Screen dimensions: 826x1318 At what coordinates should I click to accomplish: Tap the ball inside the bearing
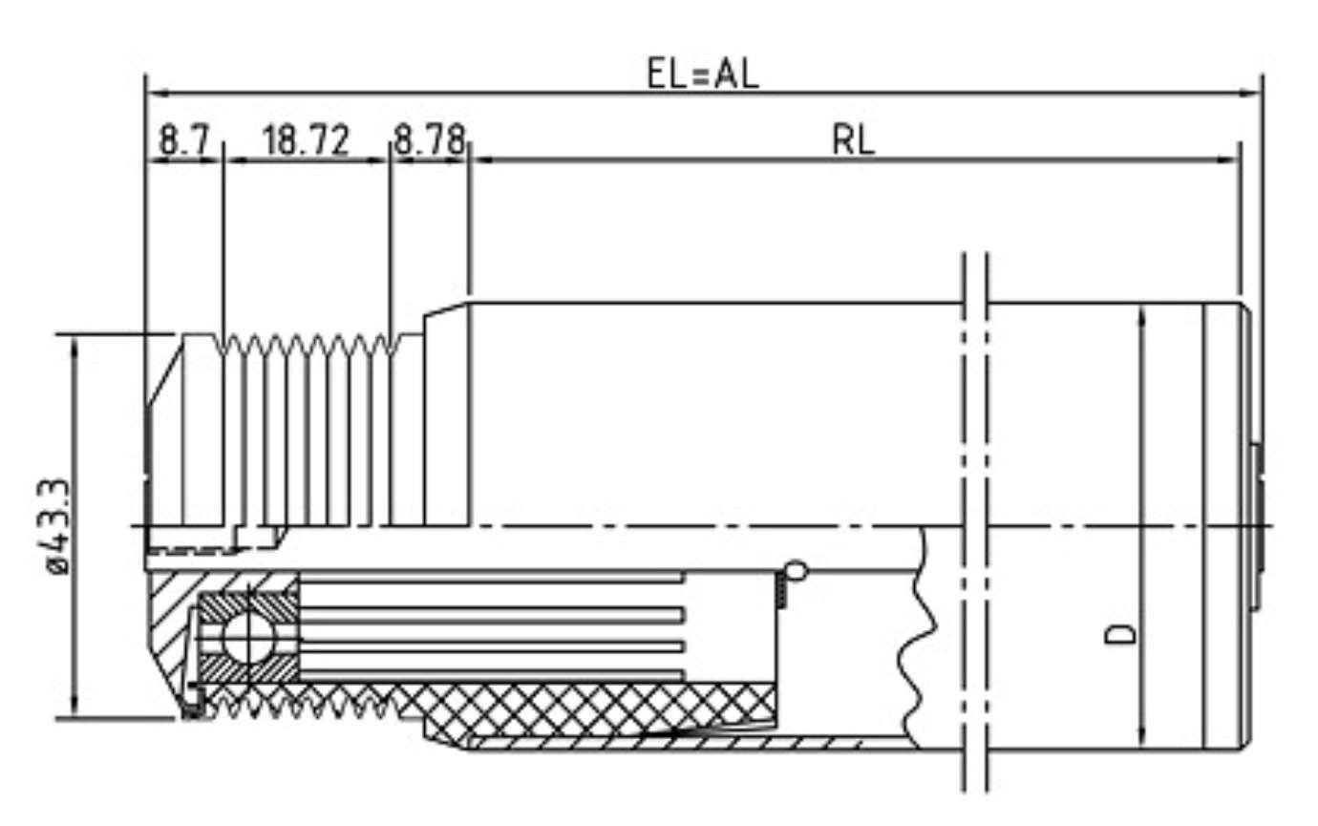click(246, 634)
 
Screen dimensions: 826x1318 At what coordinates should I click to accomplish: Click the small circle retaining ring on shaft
click(795, 572)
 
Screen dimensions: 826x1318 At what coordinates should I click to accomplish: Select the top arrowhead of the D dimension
click(1141, 315)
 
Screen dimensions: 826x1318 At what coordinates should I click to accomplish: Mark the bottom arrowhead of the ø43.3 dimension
click(74, 710)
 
